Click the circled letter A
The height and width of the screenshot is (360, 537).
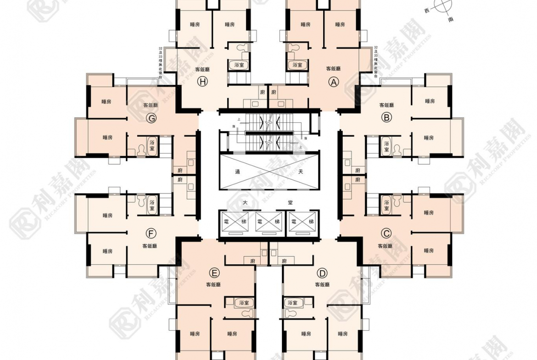tap(334, 82)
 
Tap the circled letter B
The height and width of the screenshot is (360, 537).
tap(386, 118)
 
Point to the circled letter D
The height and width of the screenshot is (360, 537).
tap(322, 274)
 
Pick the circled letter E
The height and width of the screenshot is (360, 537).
tap(213, 274)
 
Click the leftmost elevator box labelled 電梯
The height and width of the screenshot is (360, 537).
tap(235, 222)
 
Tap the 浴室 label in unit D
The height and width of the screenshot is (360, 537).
tap(292, 303)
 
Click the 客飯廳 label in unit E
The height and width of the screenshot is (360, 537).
tap(213, 285)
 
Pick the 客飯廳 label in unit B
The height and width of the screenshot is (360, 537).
tap(386, 105)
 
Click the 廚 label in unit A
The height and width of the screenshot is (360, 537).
tap(274, 92)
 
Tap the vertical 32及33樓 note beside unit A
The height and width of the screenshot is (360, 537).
tap(376, 62)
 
